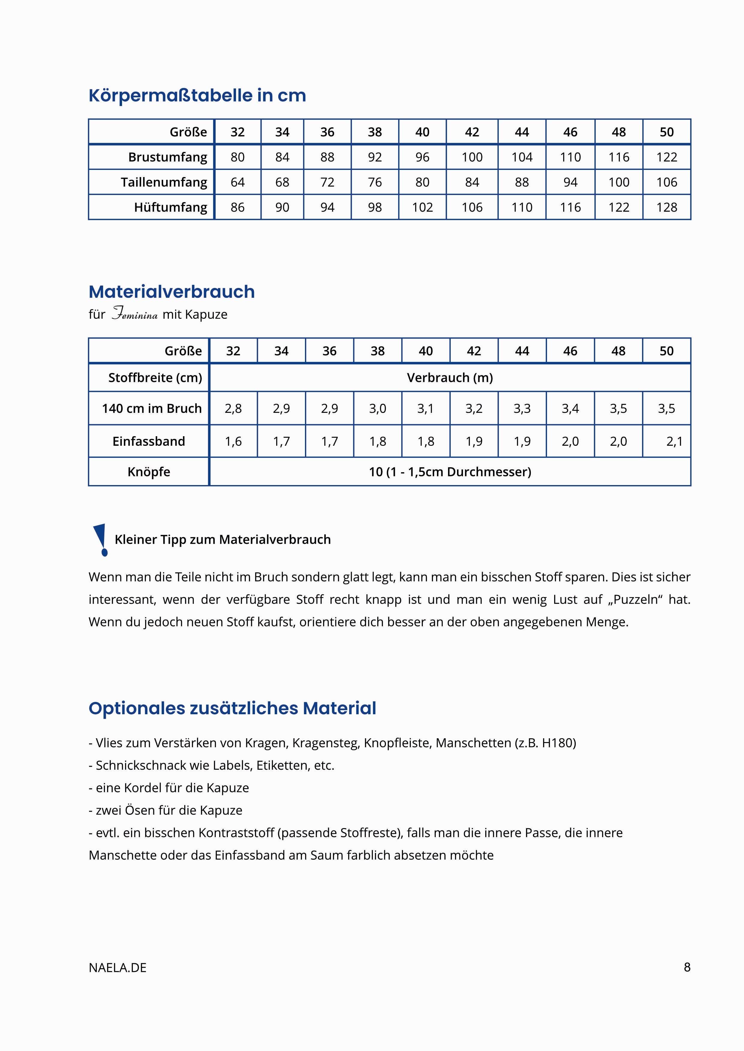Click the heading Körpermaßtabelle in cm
197,95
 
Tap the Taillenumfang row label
163,182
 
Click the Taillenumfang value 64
237,182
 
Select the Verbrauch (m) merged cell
450,377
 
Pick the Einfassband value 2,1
674,441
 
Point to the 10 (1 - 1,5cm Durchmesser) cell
450,472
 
